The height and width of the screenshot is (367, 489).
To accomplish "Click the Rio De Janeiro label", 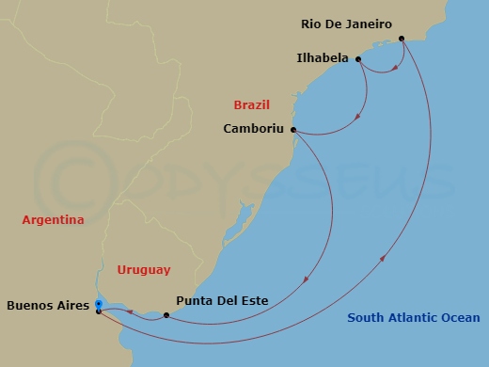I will (x=346, y=24).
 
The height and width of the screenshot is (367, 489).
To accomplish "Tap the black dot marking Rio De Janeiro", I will (x=402, y=39).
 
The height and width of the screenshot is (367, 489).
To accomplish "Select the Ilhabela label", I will (x=322, y=58).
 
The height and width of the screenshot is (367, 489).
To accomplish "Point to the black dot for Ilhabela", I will (x=358, y=58).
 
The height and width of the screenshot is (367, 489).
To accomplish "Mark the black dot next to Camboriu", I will (x=293, y=130).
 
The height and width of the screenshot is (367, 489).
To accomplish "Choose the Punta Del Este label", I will (x=222, y=301).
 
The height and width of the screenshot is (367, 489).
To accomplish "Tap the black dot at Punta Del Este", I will (x=166, y=315).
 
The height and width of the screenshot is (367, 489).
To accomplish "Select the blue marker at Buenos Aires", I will (x=99, y=303).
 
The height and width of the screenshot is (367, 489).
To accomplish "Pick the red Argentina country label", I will (x=53, y=220).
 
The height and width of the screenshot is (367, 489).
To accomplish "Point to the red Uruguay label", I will (x=144, y=270).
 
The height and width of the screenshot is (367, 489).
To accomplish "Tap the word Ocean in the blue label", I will (x=460, y=318).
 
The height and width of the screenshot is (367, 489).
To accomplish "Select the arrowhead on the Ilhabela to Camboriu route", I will (x=357, y=118).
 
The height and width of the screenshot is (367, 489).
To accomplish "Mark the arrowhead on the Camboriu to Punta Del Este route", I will (x=308, y=279).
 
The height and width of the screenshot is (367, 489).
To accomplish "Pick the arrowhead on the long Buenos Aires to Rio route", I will (x=383, y=259).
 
